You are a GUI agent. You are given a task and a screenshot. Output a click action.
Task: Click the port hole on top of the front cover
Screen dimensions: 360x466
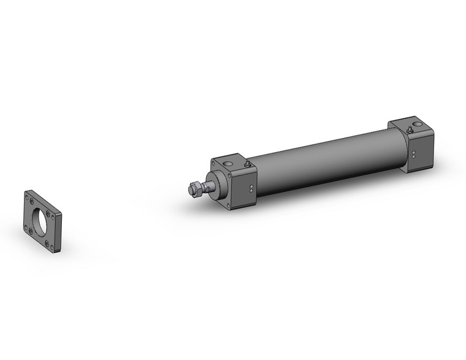click(229, 164)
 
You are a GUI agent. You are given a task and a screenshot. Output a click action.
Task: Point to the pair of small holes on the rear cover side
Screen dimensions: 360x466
click(414, 154)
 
